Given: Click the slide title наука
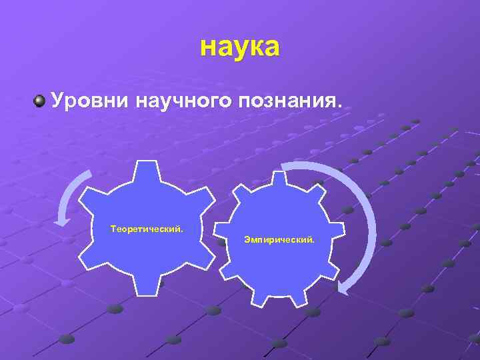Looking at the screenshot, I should pos(240,47).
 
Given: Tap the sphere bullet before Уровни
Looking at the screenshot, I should pos(40,101).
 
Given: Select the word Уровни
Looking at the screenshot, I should pos(91,101).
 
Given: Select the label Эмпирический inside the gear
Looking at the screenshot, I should pos(279,238).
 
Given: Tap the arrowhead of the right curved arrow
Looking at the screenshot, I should pos(344,287).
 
